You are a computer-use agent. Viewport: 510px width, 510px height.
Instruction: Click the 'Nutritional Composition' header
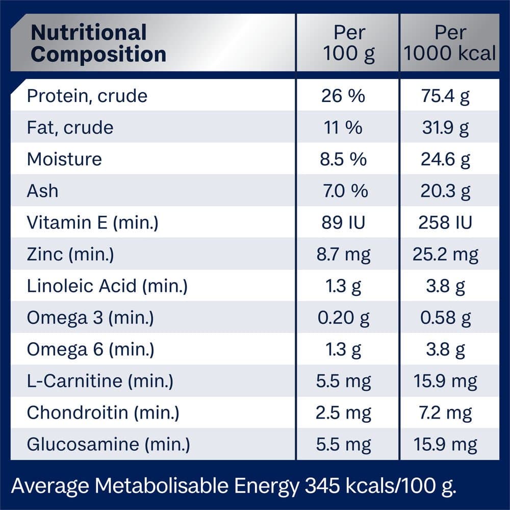pos(98,43)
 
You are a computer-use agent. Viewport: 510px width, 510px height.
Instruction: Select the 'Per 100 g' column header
pos(349,43)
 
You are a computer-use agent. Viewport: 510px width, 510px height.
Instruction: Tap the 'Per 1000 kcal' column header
pos(450,43)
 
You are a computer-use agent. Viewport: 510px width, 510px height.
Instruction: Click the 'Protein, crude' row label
pos(87,96)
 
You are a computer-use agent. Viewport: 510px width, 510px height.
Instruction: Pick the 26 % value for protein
pos(343,96)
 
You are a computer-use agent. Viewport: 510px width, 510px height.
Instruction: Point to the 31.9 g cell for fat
pos(445,127)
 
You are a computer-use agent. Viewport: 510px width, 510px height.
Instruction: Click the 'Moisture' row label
pos(64,159)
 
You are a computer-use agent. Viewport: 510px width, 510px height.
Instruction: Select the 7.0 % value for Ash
pos(345,191)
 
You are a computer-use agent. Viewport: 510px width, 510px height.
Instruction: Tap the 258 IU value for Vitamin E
pos(445,222)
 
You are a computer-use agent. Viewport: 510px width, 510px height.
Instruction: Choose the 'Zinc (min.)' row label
pos(70,254)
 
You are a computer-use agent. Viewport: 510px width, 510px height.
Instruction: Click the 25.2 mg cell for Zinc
pos(445,254)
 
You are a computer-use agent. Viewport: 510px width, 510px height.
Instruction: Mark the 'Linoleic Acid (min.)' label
pos(107,286)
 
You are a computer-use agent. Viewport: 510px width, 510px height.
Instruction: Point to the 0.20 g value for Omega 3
pos(343,318)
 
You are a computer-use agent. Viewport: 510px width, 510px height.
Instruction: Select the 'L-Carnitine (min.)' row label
pos(100,381)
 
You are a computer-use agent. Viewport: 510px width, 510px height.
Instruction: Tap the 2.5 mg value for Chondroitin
pos(343,413)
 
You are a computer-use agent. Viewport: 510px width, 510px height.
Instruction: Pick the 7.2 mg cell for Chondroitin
pos(445,413)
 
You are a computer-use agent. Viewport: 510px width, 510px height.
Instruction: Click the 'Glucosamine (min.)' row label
pos(108,444)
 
